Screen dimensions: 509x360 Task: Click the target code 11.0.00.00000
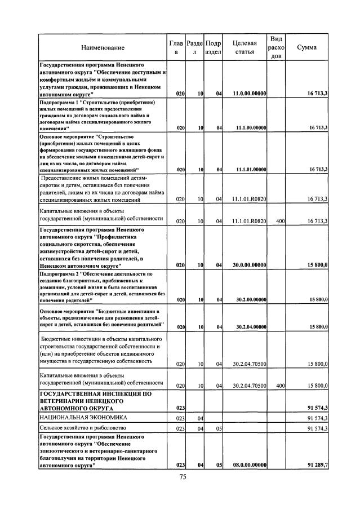pyautogui.click(x=248, y=94)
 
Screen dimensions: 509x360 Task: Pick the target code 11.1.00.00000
pyautogui.click(x=248, y=128)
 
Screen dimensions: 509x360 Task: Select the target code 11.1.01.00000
pyautogui.click(x=248, y=169)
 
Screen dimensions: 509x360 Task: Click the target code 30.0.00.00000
pyautogui.click(x=248, y=265)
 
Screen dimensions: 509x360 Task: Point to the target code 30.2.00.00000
pyautogui.click(x=248, y=299)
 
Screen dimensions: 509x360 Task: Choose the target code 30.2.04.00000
pyautogui.click(x=248, y=326)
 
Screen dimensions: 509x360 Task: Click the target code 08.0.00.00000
pyautogui.click(x=248, y=464)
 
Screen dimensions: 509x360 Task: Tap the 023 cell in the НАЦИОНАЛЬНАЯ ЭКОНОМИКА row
pyautogui.click(x=181, y=418)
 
